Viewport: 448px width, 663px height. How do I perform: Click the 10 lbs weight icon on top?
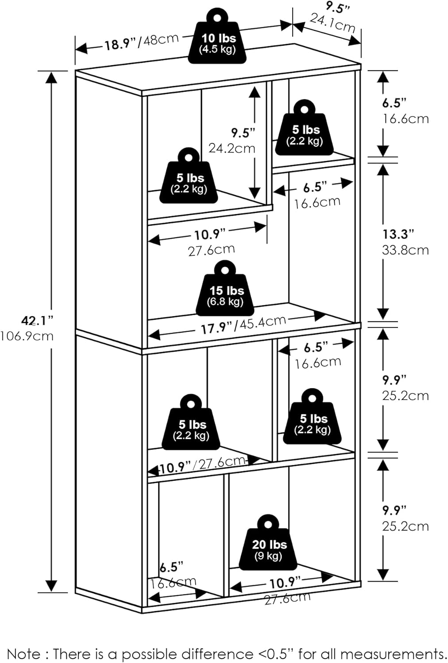217,39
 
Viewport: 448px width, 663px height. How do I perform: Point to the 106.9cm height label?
27,336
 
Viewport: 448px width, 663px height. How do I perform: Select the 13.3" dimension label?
398,234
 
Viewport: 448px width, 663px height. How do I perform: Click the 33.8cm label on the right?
405,250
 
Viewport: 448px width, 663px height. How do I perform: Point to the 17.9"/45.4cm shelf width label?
243,324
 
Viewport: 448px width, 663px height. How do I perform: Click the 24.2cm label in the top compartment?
232,148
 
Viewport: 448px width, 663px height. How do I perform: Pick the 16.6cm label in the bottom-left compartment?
173,583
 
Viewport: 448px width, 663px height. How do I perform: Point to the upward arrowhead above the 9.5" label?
255,91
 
